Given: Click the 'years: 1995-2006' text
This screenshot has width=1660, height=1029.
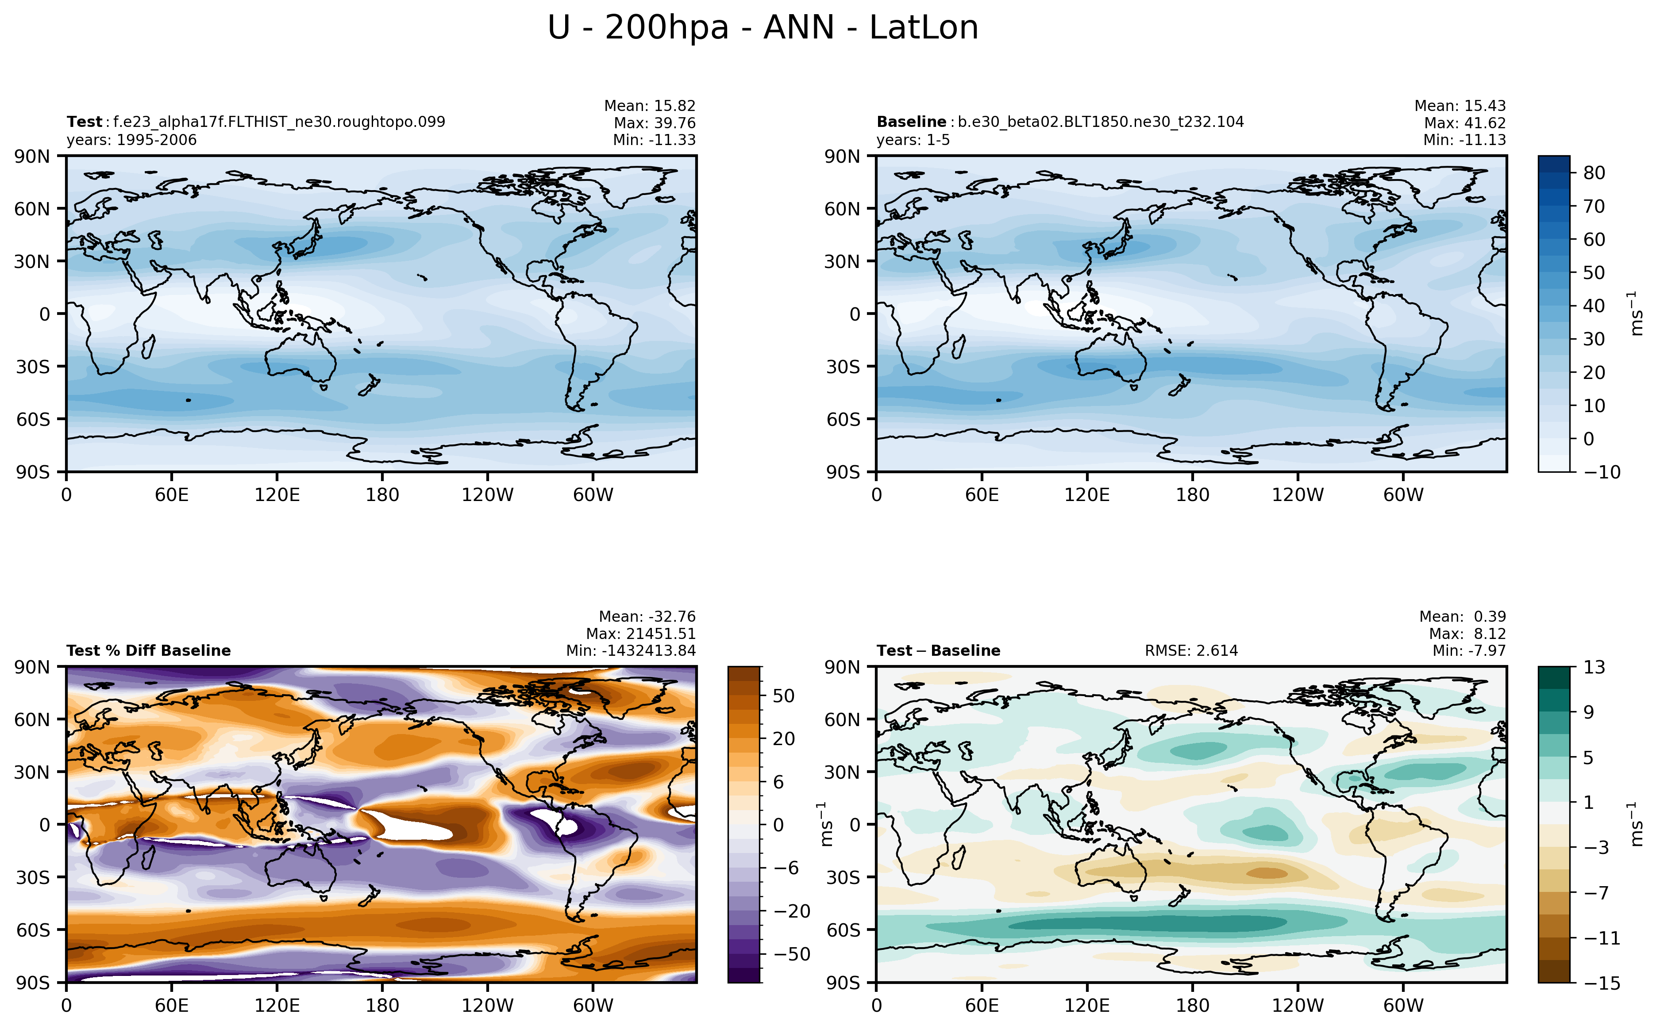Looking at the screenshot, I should point(131,140).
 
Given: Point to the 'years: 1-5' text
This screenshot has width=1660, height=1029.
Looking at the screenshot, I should point(913,140).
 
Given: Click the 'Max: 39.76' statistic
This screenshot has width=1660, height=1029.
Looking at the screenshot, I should point(655,123).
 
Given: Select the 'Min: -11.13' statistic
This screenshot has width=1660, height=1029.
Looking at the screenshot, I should point(1464,140).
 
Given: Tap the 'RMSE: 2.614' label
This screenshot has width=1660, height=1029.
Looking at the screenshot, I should point(1191,650).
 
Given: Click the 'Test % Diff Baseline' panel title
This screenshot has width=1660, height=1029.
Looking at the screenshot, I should point(148,650).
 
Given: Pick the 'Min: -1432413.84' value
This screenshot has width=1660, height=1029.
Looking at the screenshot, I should point(631,650).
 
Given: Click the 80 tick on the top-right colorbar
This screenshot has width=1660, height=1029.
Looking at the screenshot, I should point(1594,173).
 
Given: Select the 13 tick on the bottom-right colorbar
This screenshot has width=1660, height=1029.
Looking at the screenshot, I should point(1594,667).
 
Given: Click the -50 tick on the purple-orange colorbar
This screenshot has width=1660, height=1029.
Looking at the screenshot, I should point(792,954).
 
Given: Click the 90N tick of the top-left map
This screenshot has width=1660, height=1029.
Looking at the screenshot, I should point(32,157).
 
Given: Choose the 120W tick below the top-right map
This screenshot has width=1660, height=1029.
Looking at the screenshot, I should point(1298,495).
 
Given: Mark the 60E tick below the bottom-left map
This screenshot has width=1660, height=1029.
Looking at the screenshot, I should point(172,1005).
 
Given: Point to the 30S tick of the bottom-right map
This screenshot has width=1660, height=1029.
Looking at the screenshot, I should point(842,877).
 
